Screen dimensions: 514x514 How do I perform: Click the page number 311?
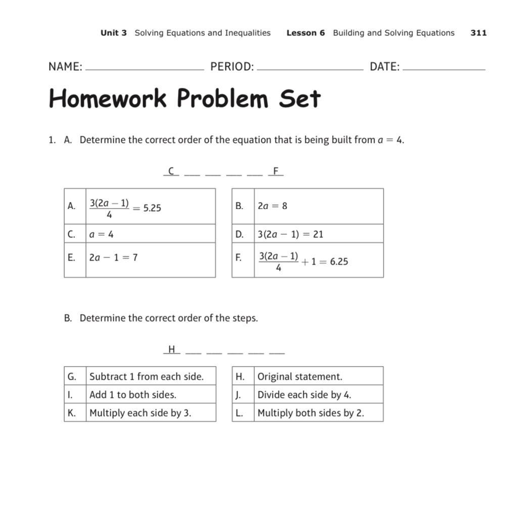click(x=478, y=33)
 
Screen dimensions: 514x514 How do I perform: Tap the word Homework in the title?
click(x=108, y=98)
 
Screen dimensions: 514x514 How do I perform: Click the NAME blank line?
click(x=145, y=69)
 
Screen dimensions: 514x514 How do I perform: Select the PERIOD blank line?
click(x=310, y=69)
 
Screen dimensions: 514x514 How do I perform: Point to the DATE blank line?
click(x=444, y=69)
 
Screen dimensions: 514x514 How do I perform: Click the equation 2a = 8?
click(x=272, y=206)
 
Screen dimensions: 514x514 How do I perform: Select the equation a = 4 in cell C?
click(x=101, y=234)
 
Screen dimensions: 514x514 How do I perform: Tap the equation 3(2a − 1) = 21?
click(x=290, y=234)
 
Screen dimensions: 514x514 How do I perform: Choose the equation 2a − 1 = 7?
click(x=113, y=258)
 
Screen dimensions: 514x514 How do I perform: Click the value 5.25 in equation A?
click(x=152, y=208)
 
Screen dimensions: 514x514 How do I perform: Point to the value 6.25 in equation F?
click(x=339, y=262)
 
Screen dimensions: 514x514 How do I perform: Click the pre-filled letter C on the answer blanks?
click(x=171, y=171)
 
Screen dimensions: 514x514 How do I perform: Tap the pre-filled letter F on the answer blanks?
click(x=276, y=171)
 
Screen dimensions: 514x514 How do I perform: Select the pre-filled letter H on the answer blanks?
click(x=171, y=349)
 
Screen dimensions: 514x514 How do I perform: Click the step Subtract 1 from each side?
click(x=146, y=377)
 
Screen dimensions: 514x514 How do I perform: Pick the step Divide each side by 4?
click(x=304, y=395)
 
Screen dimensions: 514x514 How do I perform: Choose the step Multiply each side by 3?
click(x=140, y=413)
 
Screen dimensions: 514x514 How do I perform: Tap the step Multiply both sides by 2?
click(x=310, y=413)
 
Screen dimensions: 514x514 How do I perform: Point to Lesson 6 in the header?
click(x=305, y=33)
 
